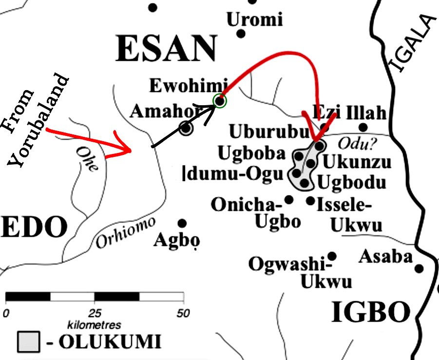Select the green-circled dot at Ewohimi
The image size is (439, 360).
pos(220,101)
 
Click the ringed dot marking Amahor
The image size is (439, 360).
pos(186,129)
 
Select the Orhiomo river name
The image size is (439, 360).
pos(125,232)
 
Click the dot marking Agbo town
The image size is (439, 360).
pos(182,224)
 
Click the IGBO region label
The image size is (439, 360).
pos(370,312)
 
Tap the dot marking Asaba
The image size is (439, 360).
pos(419,268)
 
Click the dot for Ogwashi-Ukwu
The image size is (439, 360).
pos(332,256)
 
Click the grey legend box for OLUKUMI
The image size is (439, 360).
pos(29,341)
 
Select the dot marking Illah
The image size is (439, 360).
pos(363,128)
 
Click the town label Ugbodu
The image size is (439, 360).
pos(352,183)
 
